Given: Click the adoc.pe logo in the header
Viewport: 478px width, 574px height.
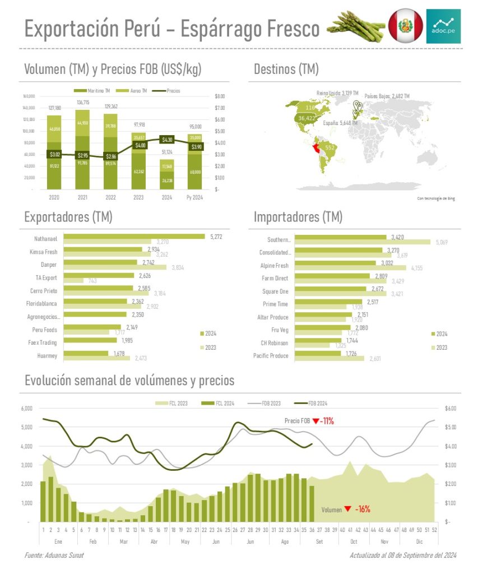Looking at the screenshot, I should pyautogui.click(x=443, y=26).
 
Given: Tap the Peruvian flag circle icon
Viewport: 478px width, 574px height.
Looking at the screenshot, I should pyautogui.click(x=405, y=26).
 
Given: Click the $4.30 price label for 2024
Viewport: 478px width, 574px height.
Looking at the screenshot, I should pyautogui.click(x=167, y=140).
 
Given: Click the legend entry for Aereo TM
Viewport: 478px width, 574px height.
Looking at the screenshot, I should pyautogui.click(x=136, y=91).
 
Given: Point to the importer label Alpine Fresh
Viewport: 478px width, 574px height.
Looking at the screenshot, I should pyautogui.click(x=275, y=266).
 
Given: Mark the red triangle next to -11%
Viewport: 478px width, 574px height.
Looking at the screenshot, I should pyautogui.click(x=316, y=421).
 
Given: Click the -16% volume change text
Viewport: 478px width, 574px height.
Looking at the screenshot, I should pyautogui.click(x=362, y=510).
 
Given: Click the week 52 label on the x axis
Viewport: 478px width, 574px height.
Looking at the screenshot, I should pyautogui.click(x=435, y=528).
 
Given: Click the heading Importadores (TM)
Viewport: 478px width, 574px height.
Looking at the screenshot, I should pyautogui.click(x=298, y=217).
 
